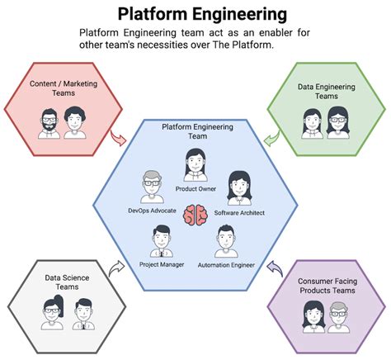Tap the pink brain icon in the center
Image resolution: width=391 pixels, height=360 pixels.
tap(195, 216)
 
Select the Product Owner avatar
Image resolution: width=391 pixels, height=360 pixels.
tap(195, 164)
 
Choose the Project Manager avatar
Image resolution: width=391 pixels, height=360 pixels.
tap(161, 241)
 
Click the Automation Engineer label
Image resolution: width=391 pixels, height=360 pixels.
tap(226, 266)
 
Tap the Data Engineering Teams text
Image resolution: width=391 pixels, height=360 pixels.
tap(326, 91)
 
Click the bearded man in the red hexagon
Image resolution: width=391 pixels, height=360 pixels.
tap(47, 121)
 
